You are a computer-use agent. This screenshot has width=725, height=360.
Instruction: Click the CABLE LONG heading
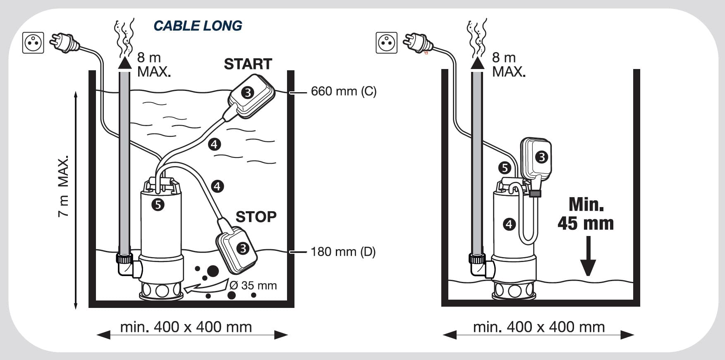[x=198, y=26]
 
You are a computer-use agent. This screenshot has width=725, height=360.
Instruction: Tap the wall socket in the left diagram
[x=33, y=43]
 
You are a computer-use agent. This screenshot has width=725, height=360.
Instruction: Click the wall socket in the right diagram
[x=387, y=43]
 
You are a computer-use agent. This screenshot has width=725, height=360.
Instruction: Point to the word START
[x=248, y=64]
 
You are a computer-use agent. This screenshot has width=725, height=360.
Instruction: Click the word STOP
[x=256, y=217]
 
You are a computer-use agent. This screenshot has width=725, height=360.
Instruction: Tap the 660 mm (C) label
[x=344, y=91]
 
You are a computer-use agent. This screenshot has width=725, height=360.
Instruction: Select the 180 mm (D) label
[x=343, y=251]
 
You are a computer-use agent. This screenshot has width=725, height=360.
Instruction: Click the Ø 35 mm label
[x=253, y=285]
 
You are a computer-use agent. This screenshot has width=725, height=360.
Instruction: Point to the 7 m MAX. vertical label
[x=63, y=186]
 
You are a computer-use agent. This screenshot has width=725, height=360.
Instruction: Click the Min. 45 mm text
[x=586, y=214]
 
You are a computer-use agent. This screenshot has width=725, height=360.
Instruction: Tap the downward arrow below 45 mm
[x=588, y=256]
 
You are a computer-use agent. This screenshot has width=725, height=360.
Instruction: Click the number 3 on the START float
[x=247, y=92]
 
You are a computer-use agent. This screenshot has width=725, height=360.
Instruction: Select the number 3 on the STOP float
[x=242, y=248]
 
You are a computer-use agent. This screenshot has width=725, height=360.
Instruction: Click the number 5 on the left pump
[x=158, y=204]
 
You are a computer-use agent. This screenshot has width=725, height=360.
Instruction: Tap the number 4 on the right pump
[x=509, y=224]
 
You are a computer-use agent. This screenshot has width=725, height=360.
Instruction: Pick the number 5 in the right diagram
[x=505, y=168]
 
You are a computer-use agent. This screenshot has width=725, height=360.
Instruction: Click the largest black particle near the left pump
[x=213, y=271]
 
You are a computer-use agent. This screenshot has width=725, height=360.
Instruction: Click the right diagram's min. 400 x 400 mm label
[x=539, y=327]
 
